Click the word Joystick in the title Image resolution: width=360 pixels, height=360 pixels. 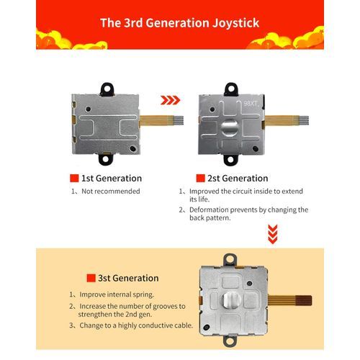coord(236,23)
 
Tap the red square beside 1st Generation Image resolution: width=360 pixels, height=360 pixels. coord(74,179)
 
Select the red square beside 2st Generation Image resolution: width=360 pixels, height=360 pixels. coord(200,179)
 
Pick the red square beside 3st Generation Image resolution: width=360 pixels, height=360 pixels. coord(91,278)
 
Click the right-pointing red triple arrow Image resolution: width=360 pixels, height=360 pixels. coord(170,100)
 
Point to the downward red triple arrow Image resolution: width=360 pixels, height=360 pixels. coord(273,234)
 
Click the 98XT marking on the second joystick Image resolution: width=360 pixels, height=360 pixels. coord(251,104)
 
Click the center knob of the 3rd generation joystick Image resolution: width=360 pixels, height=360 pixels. coord(232,300)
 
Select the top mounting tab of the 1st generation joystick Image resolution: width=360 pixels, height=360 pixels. coord(107,89)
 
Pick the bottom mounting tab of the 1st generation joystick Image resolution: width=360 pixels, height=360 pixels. coord(105,159)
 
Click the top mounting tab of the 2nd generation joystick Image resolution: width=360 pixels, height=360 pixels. coord(231,89)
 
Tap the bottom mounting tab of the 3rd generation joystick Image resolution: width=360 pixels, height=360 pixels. coord(230,341)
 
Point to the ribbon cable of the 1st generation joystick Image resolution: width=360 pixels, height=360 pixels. coord(161,120)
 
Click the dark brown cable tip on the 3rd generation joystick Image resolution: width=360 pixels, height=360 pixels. coord(304,300)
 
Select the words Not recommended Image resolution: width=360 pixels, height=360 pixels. coord(111,192)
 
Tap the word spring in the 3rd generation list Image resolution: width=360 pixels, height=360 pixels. coord(143,294)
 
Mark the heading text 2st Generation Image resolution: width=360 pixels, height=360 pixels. coord(238,179)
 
